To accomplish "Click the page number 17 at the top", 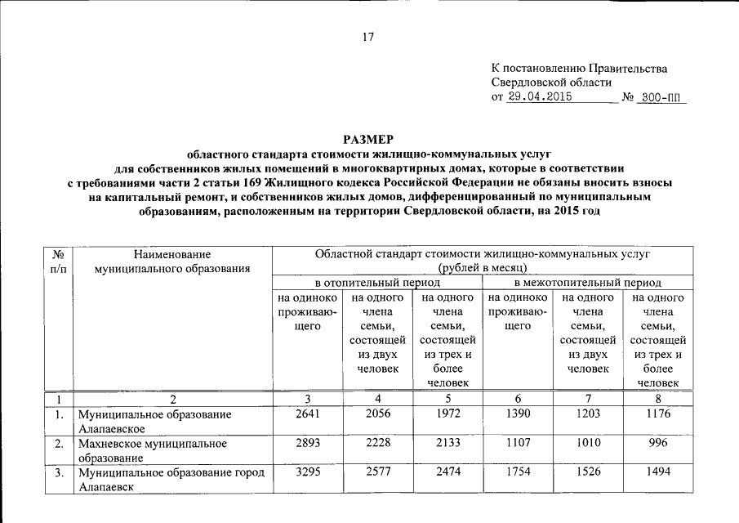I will pos(367,36).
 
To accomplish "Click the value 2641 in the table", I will pos(308,414).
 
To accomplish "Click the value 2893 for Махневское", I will pos(308,444).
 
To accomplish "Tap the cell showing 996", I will pos(657,444).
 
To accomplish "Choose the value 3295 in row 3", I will pos(308,473).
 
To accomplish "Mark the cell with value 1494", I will pos(657,473).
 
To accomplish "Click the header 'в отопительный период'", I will pos(377,282).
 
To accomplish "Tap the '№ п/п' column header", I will pos(59,261).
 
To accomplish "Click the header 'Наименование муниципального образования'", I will pos(172,261).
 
